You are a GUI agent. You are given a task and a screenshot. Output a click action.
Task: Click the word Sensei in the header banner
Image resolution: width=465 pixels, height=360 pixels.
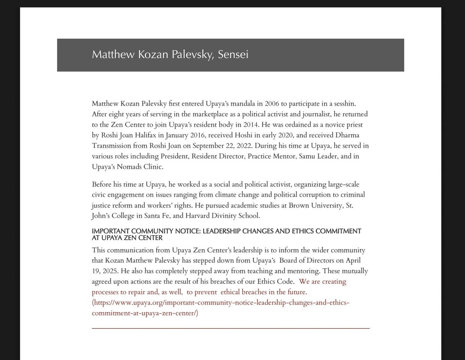pos(233,55)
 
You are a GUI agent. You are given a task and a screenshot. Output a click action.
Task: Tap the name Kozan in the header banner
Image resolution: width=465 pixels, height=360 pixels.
pos(153,55)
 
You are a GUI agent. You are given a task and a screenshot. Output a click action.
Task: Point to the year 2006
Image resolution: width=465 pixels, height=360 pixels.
pos(272,104)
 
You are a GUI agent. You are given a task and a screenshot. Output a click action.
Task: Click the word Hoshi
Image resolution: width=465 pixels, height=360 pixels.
pos(243,135)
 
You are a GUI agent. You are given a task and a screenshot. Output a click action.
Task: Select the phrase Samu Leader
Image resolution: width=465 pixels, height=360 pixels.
pos(318,156)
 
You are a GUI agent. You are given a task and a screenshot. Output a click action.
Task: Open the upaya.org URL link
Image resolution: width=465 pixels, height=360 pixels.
pos(220,303)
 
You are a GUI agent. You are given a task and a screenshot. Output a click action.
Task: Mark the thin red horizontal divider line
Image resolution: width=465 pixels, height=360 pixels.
pos(231,328)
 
